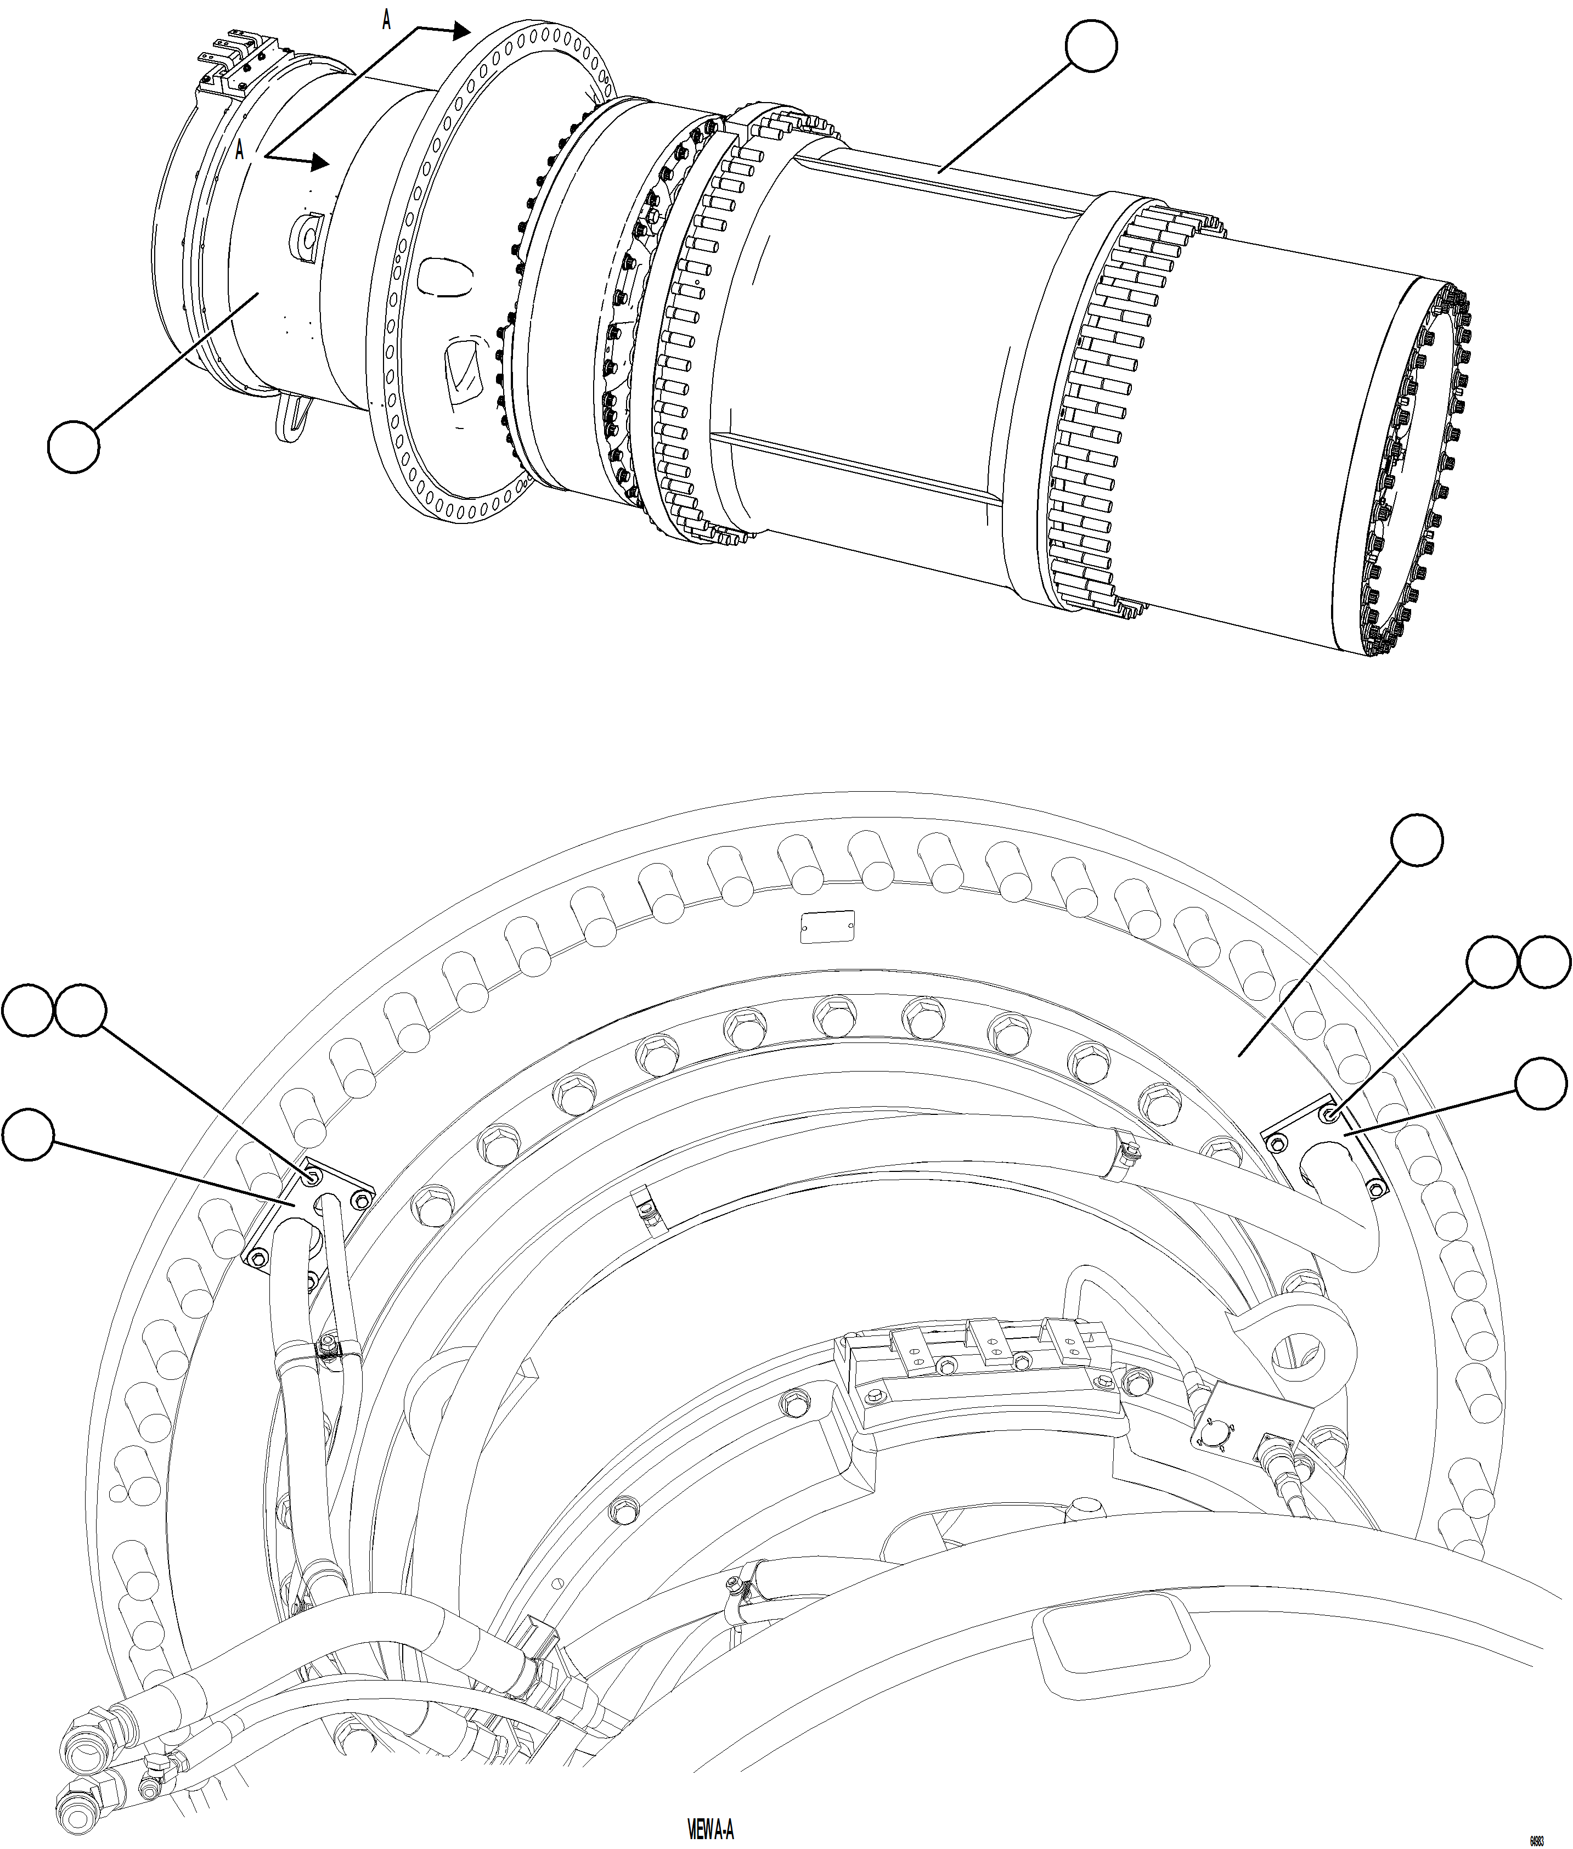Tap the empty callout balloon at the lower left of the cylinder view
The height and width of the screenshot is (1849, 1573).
click(73, 448)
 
